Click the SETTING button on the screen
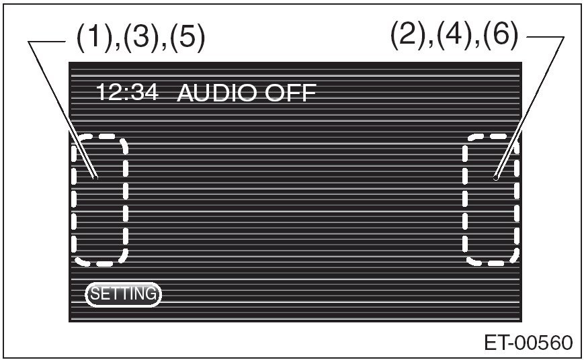[x=123, y=294]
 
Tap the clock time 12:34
[x=128, y=92]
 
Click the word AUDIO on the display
[x=218, y=93]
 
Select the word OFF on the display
[x=290, y=93]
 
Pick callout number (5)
[x=187, y=36]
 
